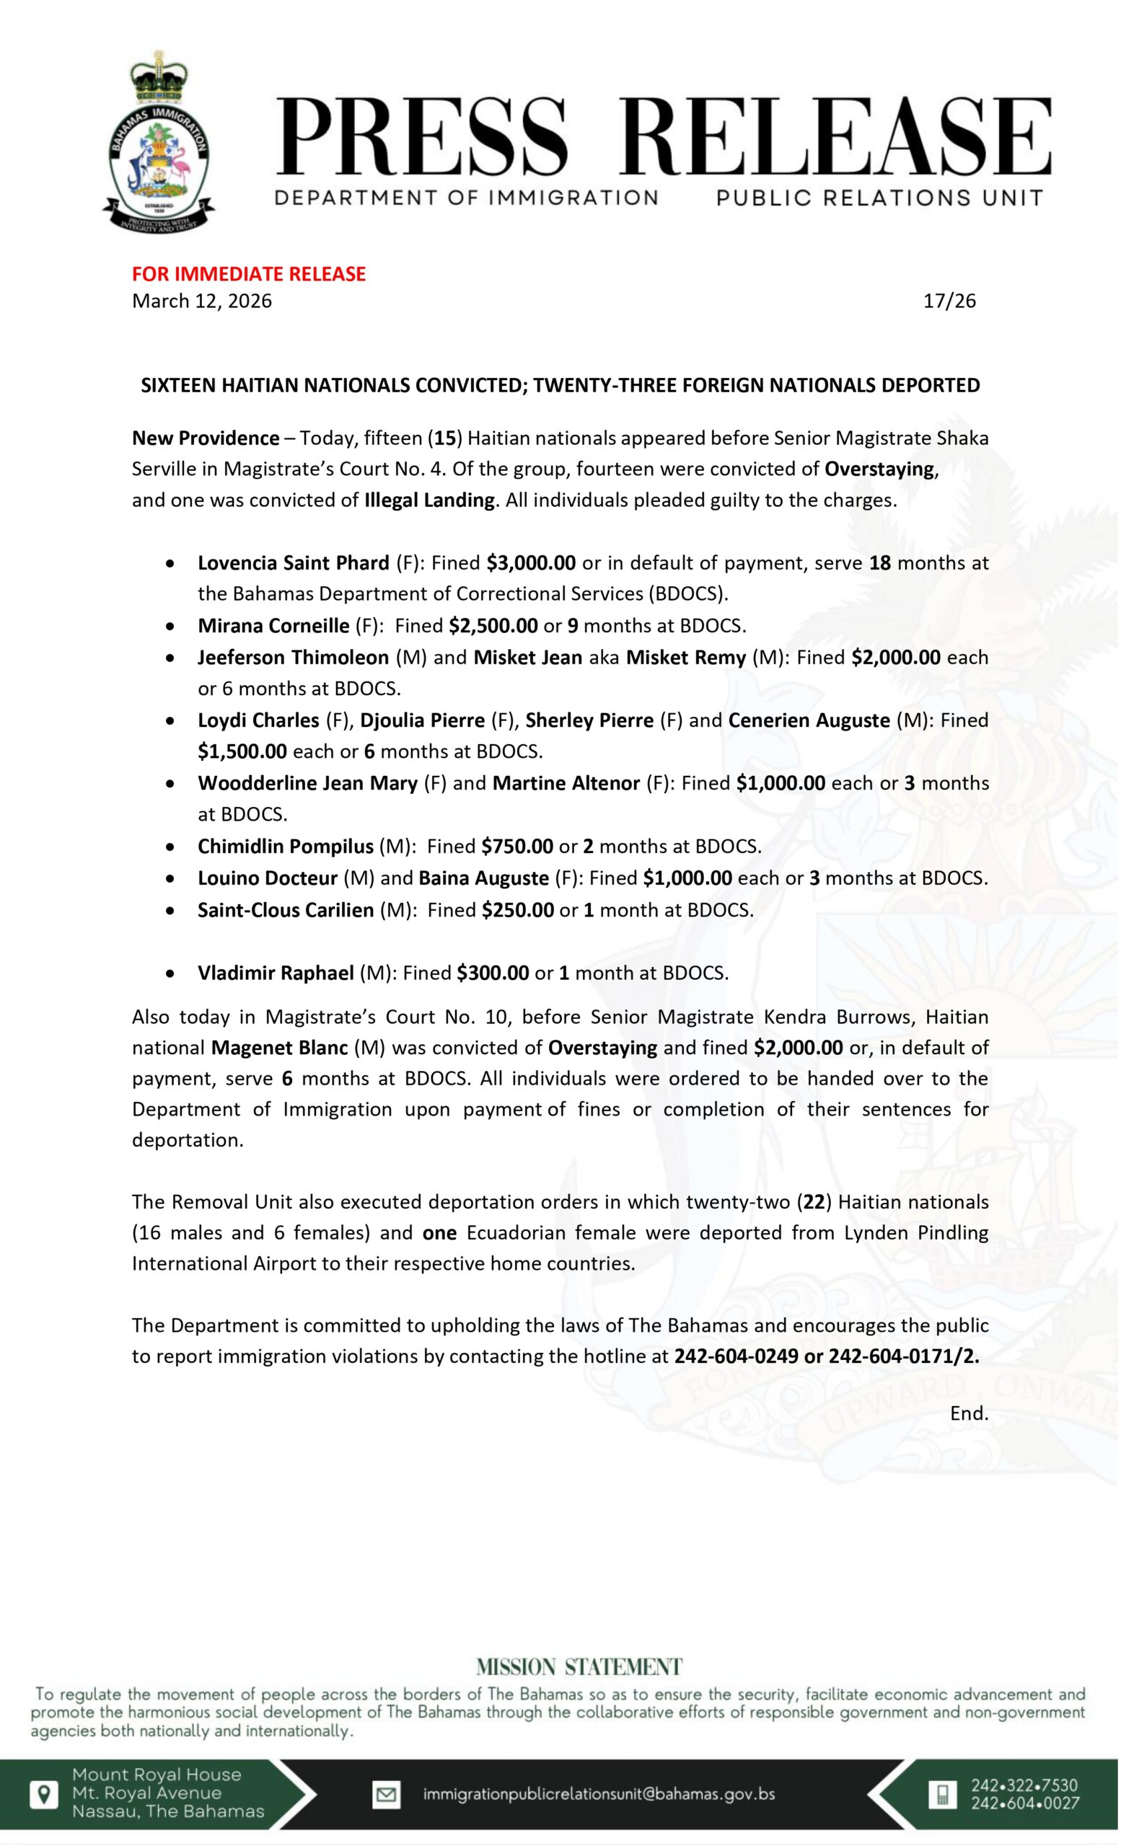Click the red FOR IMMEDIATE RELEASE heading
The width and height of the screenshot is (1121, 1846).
point(249,274)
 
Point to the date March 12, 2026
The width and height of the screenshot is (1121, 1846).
point(201,301)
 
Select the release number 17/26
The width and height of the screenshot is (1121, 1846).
point(949,301)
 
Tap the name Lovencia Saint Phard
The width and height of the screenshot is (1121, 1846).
point(293,562)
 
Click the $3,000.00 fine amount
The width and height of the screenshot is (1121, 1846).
point(530,562)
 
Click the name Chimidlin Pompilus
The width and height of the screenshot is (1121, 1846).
point(286,847)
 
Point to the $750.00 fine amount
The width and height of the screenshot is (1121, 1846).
point(517,847)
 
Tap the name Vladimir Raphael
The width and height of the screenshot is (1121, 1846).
point(276,973)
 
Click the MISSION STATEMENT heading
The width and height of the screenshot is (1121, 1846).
point(579,1667)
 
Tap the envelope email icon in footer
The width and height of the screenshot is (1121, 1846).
point(387,1794)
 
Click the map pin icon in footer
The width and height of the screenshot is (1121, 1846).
point(44,1795)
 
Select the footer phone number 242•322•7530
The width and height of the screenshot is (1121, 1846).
point(1024,1785)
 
